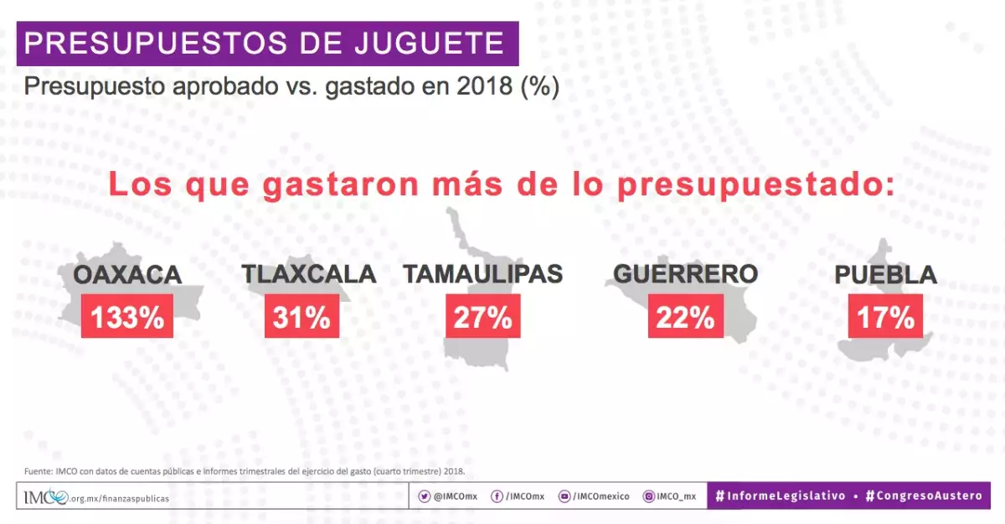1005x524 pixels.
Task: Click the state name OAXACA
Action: (127, 275)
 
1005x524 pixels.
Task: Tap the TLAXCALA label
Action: (309, 274)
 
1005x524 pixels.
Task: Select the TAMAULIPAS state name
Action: (483, 274)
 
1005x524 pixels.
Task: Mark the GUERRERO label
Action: (685, 274)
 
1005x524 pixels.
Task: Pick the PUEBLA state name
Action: (885, 275)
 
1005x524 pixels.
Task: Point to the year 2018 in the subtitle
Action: (486, 86)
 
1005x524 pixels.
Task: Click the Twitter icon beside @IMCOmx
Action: (425, 496)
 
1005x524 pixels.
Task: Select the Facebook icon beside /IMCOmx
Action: (497, 496)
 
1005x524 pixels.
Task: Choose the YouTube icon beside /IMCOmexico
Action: (564, 496)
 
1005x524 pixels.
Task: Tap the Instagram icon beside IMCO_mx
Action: (648, 496)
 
